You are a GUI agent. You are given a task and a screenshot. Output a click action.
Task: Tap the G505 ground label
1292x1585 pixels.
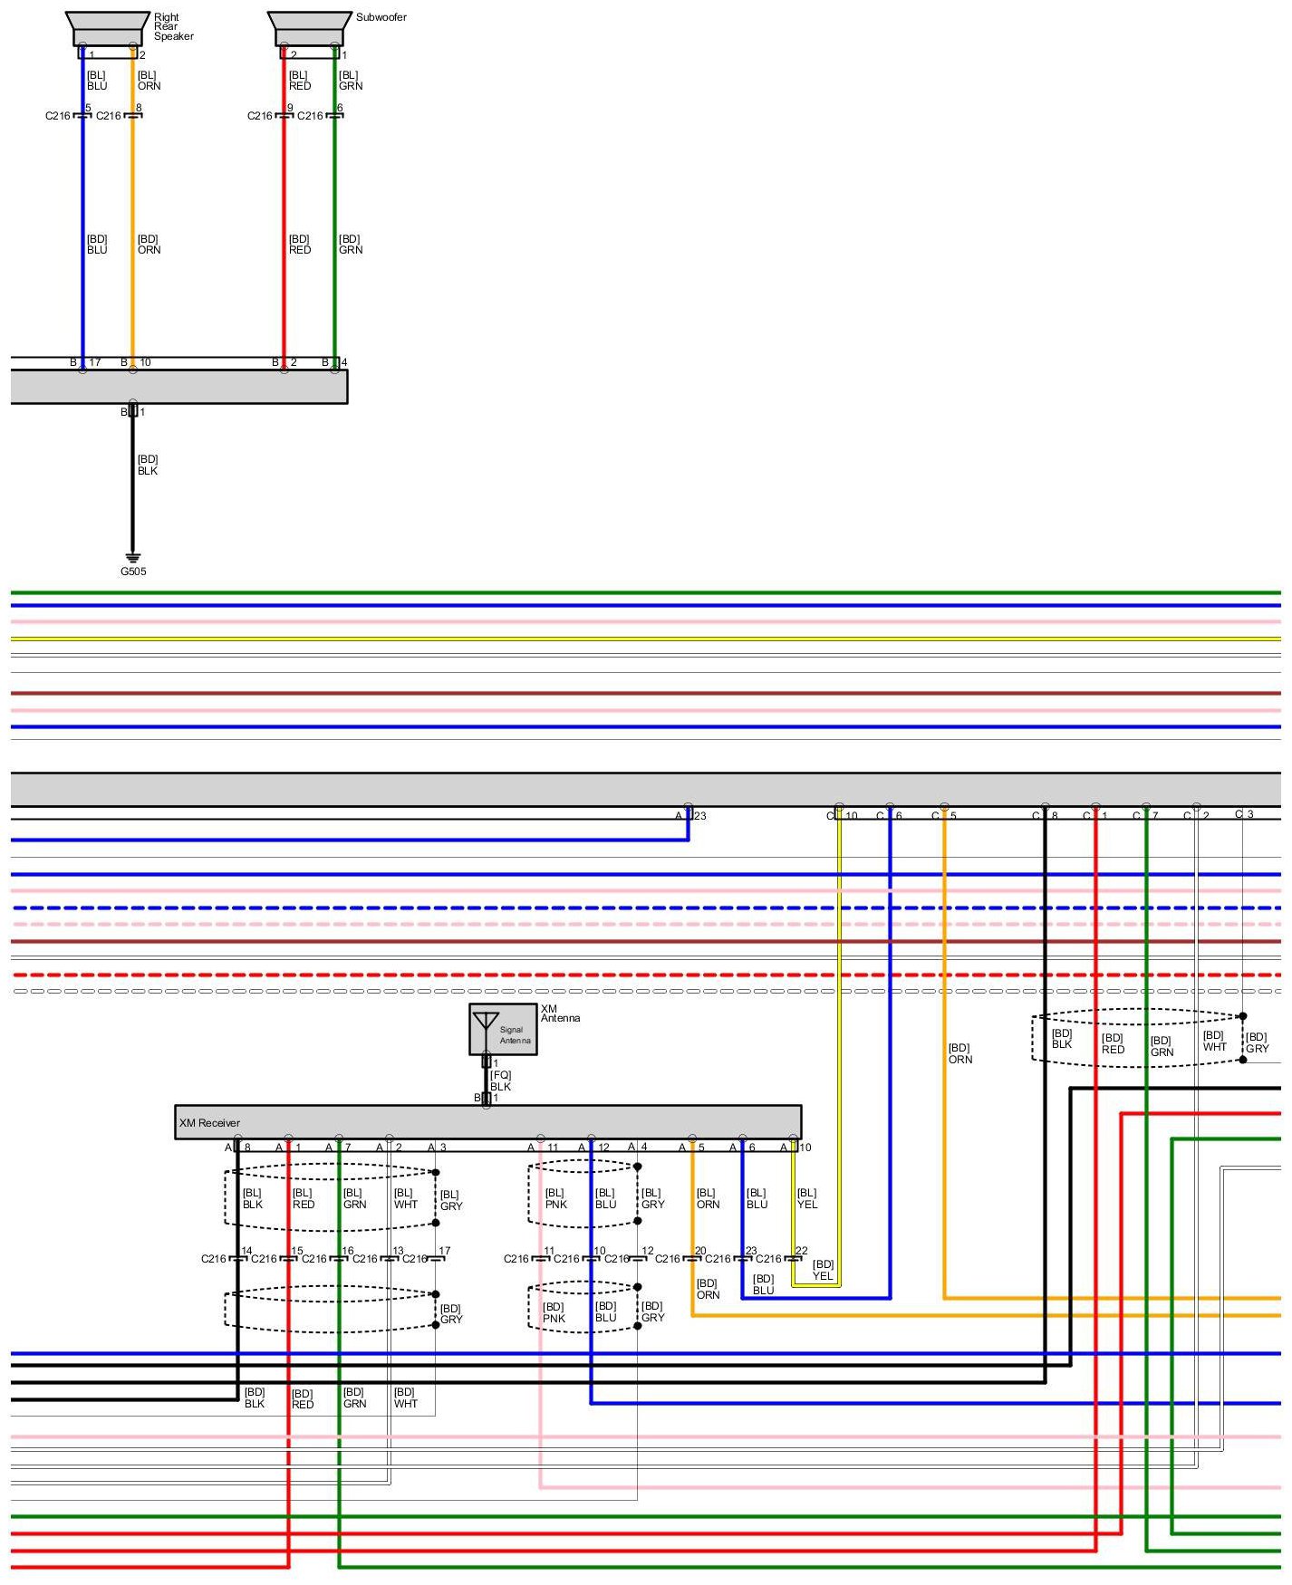tap(133, 572)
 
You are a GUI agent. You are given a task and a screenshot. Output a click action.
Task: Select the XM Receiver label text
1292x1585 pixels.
tap(209, 1123)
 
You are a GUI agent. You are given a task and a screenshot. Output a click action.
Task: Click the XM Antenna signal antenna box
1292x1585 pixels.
tap(503, 1030)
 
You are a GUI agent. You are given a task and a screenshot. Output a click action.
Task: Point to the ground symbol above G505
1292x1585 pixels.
tap(133, 557)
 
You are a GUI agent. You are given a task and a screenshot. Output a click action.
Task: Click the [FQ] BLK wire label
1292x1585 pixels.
tap(500, 1081)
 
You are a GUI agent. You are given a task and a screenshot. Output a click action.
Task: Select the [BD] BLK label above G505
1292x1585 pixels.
tap(148, 465)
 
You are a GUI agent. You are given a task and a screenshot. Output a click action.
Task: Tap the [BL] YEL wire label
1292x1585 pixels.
tap(807, 1198)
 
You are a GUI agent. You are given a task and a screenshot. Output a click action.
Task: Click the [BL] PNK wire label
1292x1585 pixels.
tap(555, 1198)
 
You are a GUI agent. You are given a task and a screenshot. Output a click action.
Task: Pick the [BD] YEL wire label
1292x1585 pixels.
tap(823, 1270)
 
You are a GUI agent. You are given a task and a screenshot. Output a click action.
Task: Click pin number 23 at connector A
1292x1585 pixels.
tap(699, 816)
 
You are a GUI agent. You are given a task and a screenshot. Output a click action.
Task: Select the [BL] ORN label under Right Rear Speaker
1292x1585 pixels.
tap(149, 81)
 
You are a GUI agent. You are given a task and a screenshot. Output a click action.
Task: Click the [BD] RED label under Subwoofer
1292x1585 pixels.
tap(300, 245)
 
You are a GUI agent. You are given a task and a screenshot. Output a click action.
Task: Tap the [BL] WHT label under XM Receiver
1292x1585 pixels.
tap(405, 1198)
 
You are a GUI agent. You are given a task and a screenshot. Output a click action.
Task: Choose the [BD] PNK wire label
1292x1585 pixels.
tap(554, 1312)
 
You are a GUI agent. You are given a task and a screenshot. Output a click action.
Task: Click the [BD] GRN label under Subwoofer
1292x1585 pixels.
tap(351, 245)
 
